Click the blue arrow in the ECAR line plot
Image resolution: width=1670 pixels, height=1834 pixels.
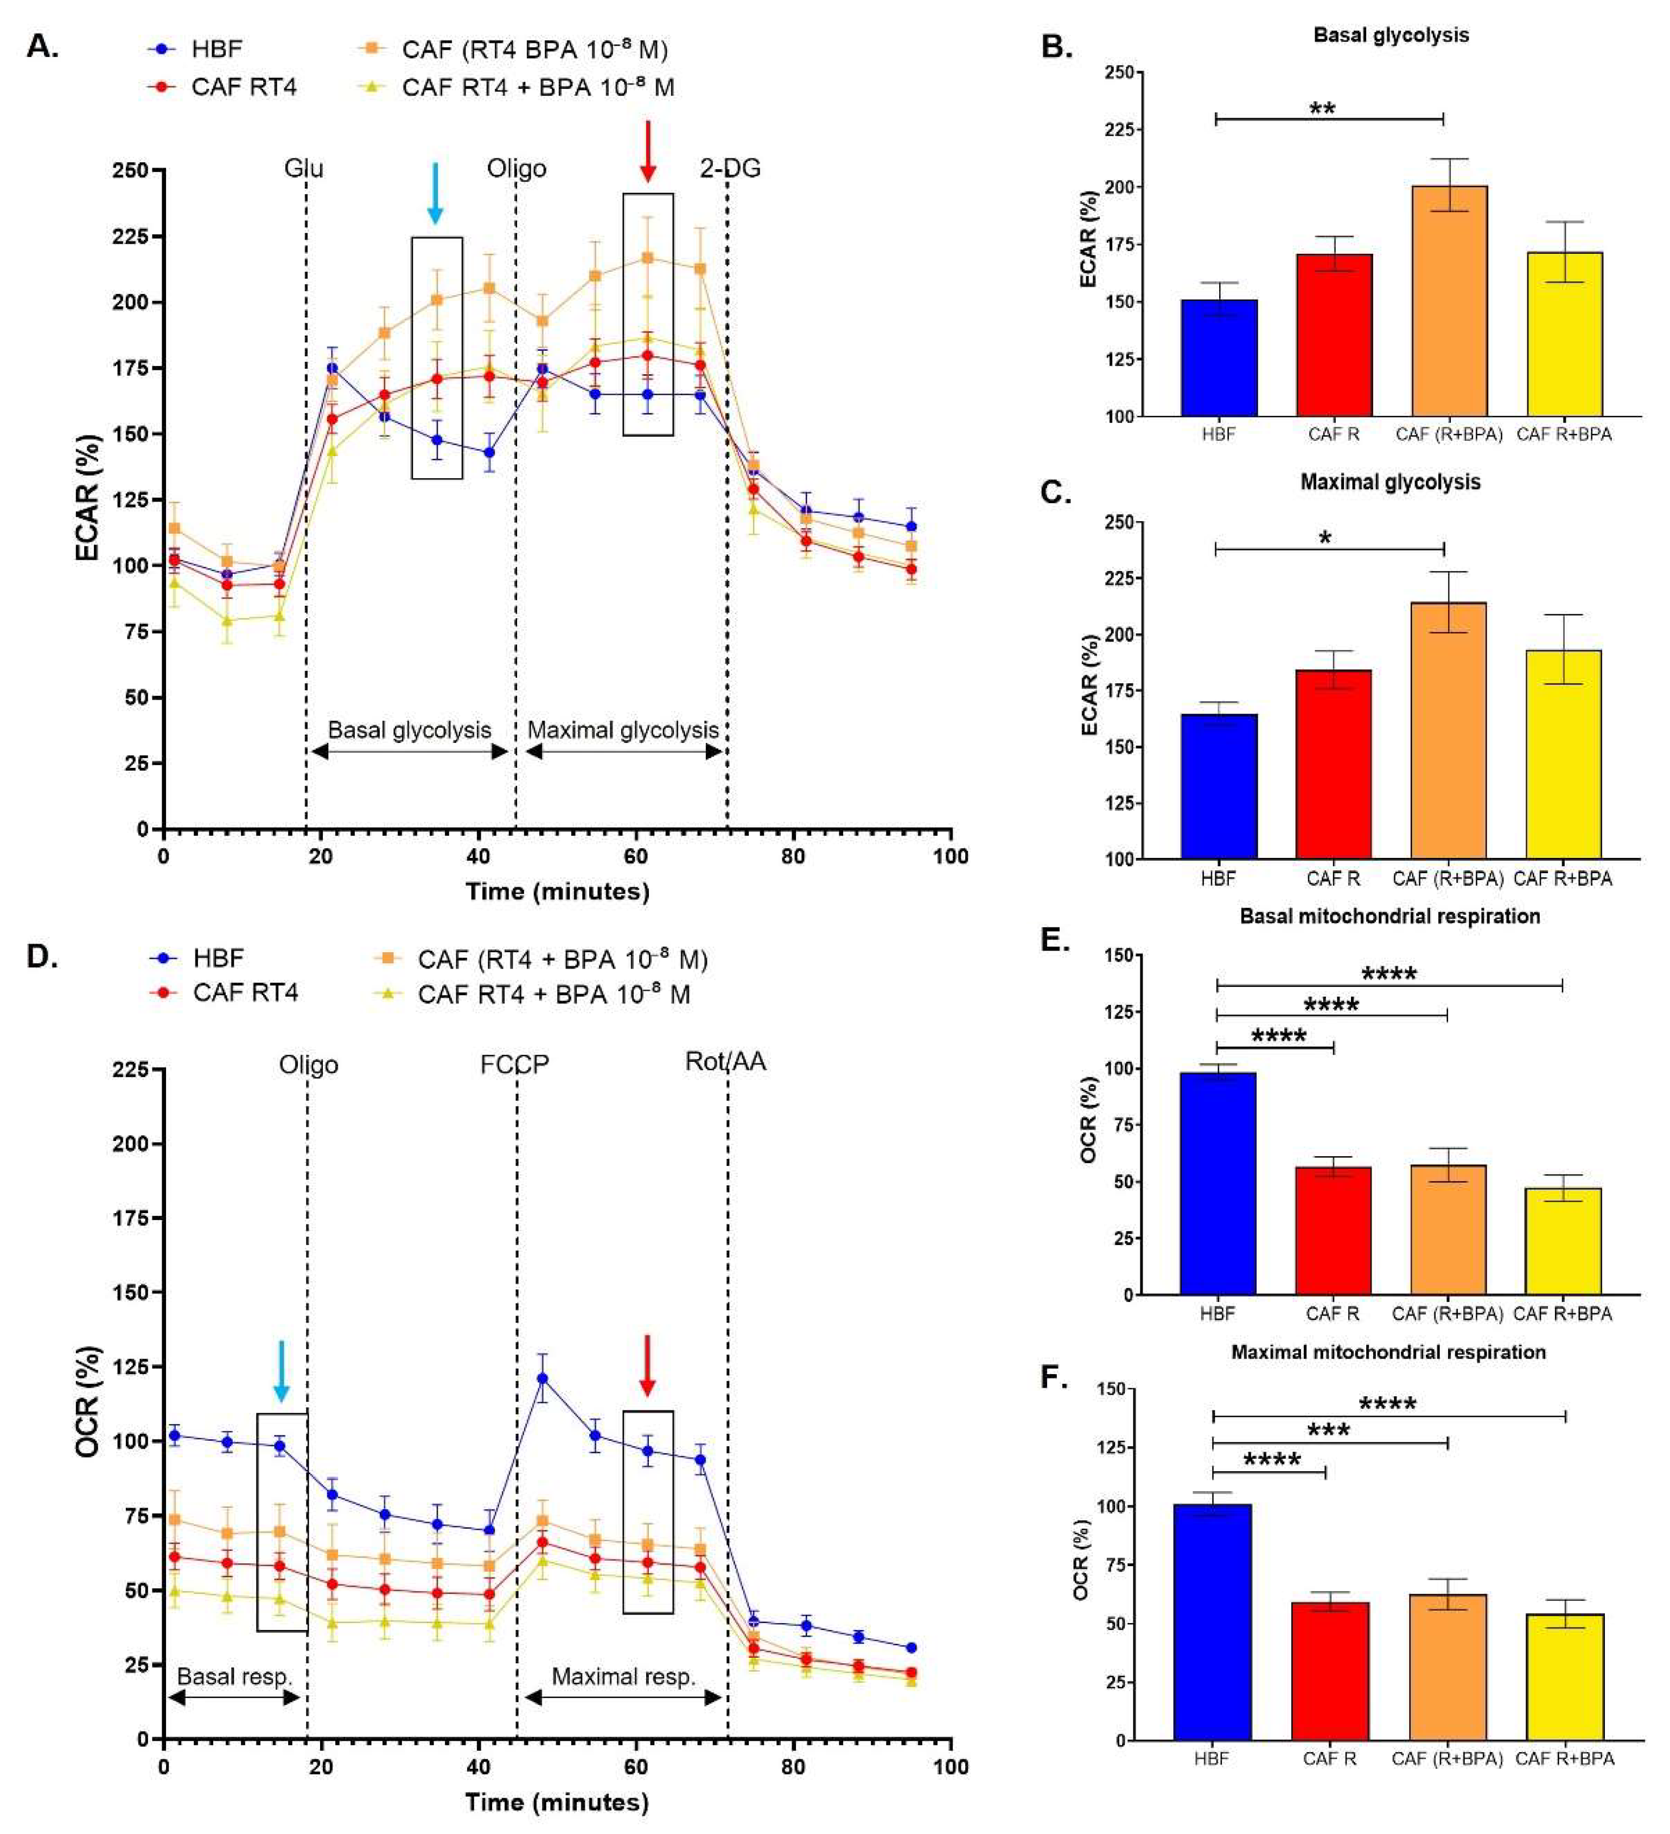[435, 193]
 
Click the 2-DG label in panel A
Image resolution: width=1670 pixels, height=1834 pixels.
[730, 168]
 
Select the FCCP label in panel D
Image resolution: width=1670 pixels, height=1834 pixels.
[515, 1065]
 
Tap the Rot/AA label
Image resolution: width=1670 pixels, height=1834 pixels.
[725, 1062]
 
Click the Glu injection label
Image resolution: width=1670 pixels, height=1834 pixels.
[303, 168]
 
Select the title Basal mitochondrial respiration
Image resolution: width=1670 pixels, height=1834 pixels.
[1389, 916]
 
